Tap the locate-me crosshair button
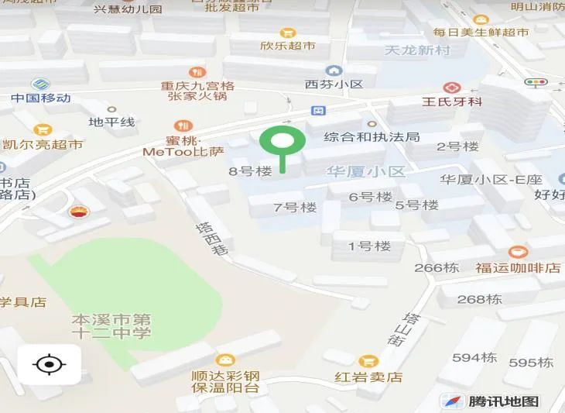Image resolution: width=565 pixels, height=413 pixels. [49, 363]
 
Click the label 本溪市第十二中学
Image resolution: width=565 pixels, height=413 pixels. [111, 326]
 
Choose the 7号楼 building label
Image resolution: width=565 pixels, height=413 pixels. [296, 207]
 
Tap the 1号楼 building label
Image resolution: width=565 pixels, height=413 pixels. [369, 246]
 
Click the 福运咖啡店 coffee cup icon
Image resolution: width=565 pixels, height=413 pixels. [518, 252]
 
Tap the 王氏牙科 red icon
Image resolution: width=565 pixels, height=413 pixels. [451, 88]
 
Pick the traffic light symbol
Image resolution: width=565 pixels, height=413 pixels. [534, 82]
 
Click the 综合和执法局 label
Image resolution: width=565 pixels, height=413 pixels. [372, 137]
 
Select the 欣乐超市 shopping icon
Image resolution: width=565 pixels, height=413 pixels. [288, 33]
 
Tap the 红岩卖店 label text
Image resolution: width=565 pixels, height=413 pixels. [368, 377]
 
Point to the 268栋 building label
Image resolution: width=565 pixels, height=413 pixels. [479, 299]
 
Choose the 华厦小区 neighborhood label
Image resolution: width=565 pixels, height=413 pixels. [365, 171]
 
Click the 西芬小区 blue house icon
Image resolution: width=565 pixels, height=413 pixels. [334, 71]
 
